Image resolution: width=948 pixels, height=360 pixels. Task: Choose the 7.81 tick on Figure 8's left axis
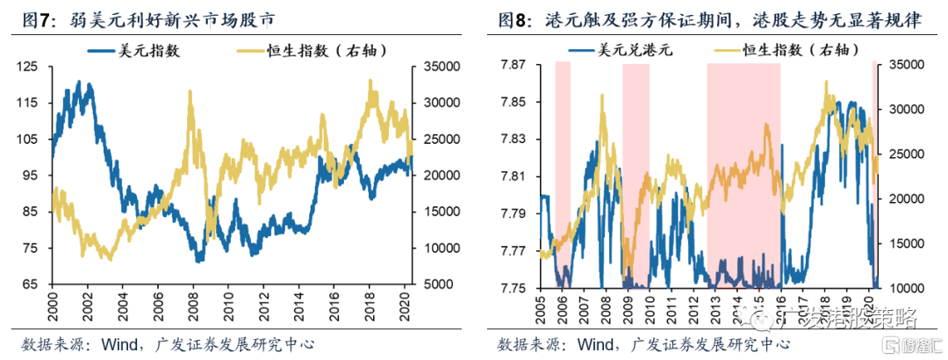point(513,176)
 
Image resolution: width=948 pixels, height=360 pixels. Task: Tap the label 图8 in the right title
point(514,18)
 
